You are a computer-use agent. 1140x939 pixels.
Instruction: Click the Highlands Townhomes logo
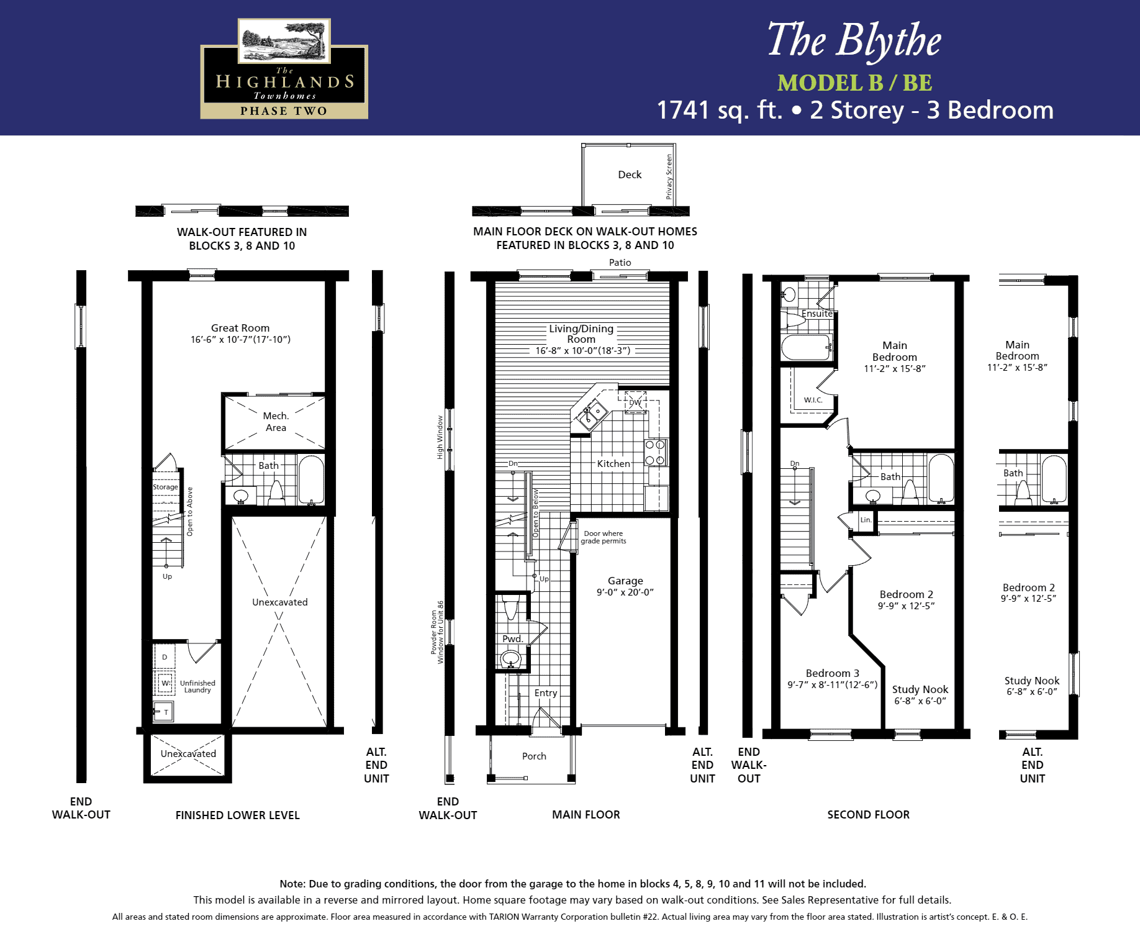coord(284,68)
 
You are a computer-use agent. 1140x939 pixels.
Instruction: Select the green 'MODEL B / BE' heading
coord(854,83)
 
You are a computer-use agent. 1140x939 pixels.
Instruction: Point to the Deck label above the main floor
coord(630,175)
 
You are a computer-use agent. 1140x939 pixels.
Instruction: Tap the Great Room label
coord(240,328)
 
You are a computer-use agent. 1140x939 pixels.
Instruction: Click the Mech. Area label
coord(276,422)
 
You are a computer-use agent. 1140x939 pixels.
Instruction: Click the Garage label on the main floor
coord(625,581)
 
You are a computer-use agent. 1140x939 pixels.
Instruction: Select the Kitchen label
coord(613,463)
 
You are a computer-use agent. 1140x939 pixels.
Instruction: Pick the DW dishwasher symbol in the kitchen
coord(635,402)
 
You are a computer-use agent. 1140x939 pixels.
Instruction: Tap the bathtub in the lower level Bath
coord(311,479)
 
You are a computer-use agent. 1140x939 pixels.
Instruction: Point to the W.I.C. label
coord(813,400)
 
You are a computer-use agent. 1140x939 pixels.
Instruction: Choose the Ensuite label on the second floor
coord(817,314)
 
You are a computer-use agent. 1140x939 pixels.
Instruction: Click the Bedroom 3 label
coord(833,673)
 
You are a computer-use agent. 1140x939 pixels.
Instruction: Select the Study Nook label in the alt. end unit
coord(1032,681)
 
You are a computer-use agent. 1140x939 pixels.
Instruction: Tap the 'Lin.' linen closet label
coord(866,520)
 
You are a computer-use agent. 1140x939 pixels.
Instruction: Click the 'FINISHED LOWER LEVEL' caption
coord(237,815)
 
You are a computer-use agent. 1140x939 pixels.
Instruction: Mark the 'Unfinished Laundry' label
coord(197,686)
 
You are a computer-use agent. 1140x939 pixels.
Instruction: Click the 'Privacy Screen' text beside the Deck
coord(669,176)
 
